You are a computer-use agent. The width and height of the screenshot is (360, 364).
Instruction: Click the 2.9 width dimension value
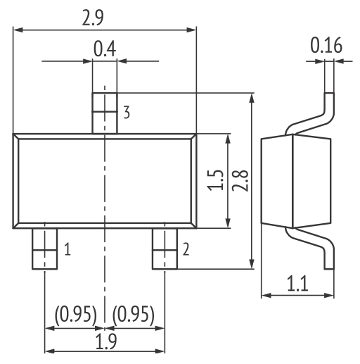tap(93, 18)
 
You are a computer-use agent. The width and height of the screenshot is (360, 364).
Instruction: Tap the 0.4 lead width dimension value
tap(105, 49)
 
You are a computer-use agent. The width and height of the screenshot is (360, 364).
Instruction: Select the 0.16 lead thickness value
tap(326, 45)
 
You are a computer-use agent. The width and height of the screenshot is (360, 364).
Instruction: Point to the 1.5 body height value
tap(215, 180)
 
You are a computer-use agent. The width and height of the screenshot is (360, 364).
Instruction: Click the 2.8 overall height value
tap(240, 180)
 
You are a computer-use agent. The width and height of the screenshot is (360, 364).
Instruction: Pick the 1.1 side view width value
tap(297, 284)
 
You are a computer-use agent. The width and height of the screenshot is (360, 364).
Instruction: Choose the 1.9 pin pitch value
tap(106, 341)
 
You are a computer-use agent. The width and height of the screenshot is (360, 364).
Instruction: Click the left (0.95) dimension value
tap(75, 315)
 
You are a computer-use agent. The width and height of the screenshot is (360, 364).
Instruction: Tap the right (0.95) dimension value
tap(134, 315)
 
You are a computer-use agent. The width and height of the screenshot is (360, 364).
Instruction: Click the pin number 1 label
tap(67, 249)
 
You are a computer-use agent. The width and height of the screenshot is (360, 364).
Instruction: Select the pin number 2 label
tap(186, 249)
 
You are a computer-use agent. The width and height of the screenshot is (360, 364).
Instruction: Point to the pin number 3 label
tap(127, 113)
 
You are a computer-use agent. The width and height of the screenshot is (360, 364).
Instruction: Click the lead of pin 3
tap(105, 113)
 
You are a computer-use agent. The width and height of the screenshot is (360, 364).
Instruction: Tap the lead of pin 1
tap(44, 249)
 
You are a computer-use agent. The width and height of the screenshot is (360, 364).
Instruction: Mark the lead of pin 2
tap(165, 249)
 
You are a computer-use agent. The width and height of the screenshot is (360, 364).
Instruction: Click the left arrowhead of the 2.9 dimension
tap(18, 30)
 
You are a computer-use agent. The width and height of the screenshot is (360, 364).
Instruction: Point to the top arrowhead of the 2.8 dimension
tap(252, 98)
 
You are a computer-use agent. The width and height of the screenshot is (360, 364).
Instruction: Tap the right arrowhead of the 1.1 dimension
tap(329, 295)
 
